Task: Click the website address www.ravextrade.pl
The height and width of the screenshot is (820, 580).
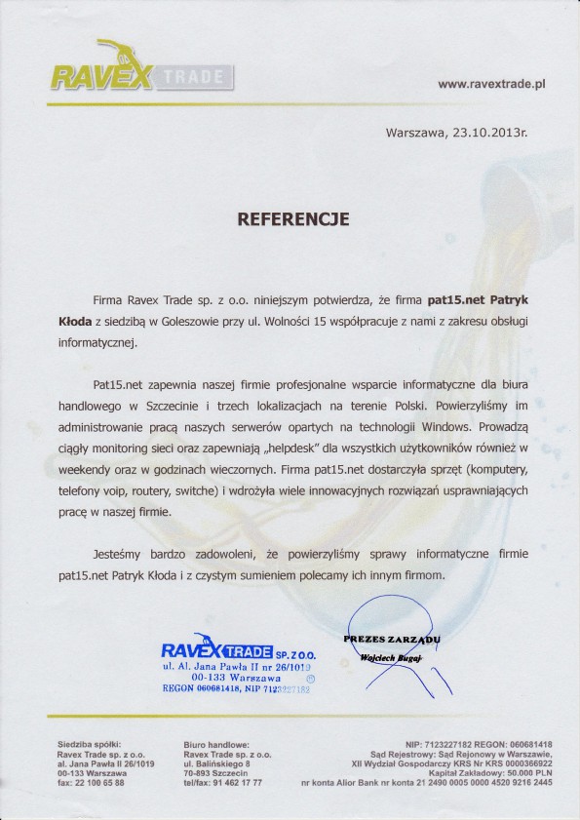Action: point(490,85)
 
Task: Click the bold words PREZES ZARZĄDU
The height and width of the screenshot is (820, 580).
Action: point(392,639)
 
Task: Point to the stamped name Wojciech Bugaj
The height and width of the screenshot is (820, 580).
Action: point(389,658)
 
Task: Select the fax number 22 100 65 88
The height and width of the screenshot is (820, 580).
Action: point(101,782)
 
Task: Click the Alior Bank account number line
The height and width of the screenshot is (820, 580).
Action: point(428,783)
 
